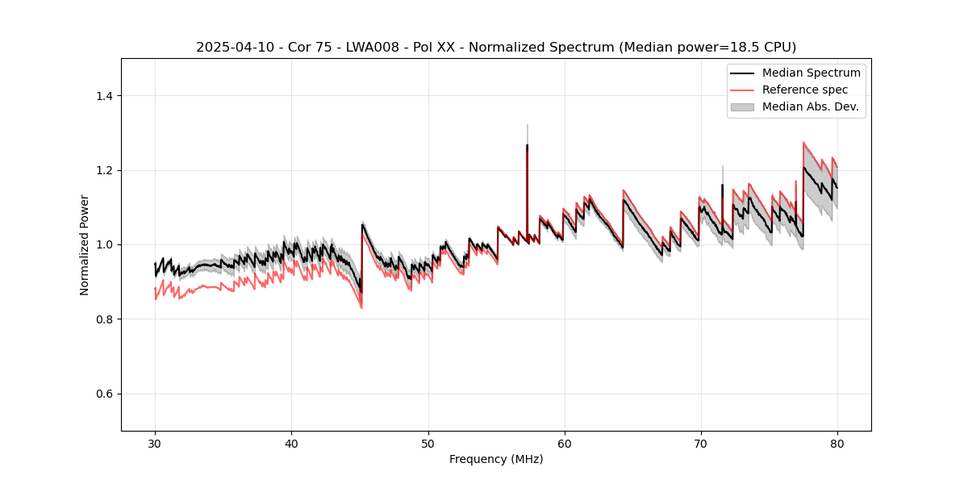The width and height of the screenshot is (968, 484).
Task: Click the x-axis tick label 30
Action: pyautogui.click(x=155, y=444)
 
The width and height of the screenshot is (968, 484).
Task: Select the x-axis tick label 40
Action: pyautogui.click(x=291, y=444)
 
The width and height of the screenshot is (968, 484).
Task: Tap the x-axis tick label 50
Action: pyautogui.click(x=428, y=444)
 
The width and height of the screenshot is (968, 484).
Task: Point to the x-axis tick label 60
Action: pyautogui.click(x=565, y=444)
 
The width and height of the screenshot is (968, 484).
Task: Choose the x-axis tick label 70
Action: pyautogui.click(x=701, y=444)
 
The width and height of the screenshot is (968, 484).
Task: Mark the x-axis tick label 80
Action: pyautogui.click(x=837, y=444)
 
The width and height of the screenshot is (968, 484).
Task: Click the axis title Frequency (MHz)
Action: pyautogui.click(x=496, y=459)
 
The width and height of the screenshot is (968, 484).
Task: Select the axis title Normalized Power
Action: pyautogui.click(x=85, y=244)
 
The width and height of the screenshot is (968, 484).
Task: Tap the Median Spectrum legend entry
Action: pyautogui.click(x=811, y=73)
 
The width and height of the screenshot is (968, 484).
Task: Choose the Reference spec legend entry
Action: pyautogui.click(x=805, y=90)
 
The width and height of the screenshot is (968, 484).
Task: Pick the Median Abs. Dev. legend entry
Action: pyautogui.click(x=810, y=106)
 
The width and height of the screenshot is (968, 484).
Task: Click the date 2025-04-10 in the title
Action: pyautogui.click(x=231, y=48)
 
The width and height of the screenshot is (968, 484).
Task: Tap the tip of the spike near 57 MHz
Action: pyautogui.click(x=527, y=126)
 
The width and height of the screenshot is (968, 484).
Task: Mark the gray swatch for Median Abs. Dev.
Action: pyautogui.click(x=742, y=106)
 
